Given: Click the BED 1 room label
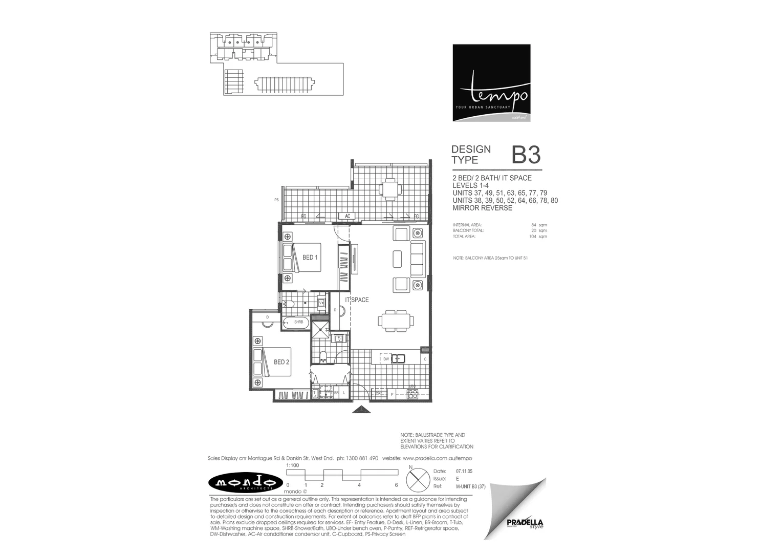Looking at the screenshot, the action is [x=310, y=257].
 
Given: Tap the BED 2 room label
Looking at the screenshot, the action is [x=281, y=362].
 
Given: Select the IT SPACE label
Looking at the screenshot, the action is [x=357, y=300].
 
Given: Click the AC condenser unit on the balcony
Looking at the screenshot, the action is [x=347, y=216].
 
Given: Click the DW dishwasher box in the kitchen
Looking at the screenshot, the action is [x=386, y=359].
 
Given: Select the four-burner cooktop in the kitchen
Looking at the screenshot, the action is [x=412, y=394].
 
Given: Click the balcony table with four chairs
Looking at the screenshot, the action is [x=390, y=188].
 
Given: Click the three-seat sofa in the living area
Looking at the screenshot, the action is [x=418, y=259].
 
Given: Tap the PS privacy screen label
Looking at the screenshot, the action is [x=276, y=200].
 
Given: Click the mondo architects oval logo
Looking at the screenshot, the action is [x=246, y=482].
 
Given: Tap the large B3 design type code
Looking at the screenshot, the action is [x=526, y=155].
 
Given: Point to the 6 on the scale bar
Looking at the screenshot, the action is [x=396, y=485].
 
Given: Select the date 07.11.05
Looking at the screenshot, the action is [x=464, y=471].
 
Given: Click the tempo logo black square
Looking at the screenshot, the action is [x=491, y=83].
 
